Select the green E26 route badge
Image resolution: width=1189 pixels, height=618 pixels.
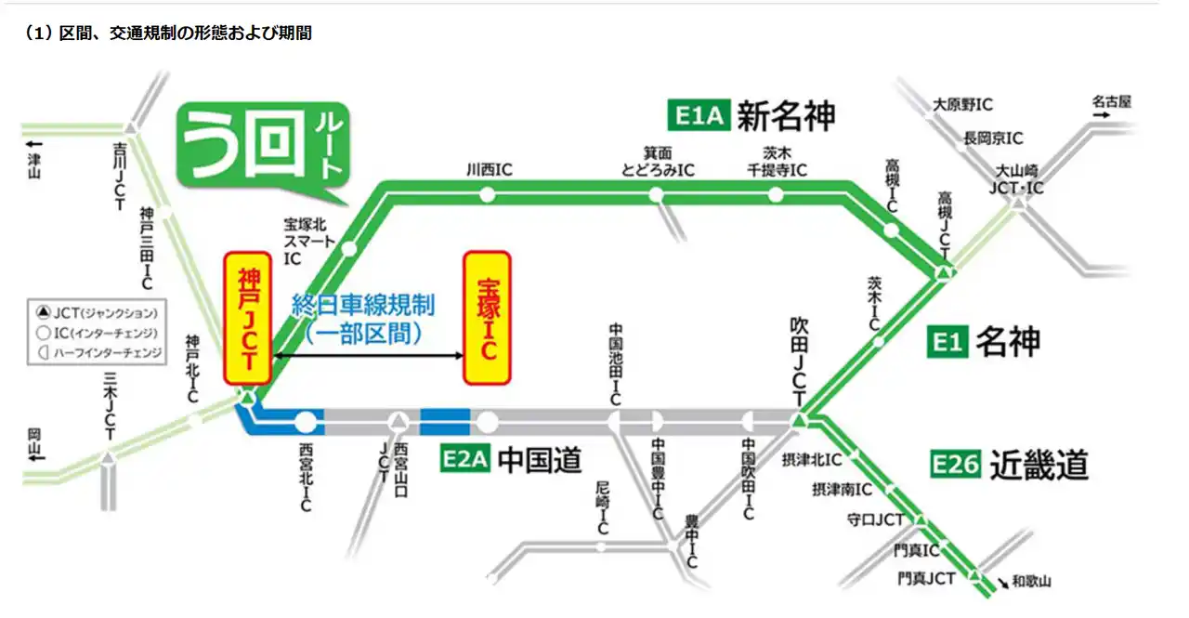pyautogui.click(x=956, y=463)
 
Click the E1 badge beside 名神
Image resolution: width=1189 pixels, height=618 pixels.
pyautogui.click(x=946, y=343)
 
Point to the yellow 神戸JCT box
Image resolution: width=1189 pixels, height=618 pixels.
pyautogui.click(x=248, y=318)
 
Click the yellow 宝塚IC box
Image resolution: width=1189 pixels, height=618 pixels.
pyautogui.click(x=487, y=318)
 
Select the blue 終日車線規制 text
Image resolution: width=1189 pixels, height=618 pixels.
pyautogui.click(x=363, y=304)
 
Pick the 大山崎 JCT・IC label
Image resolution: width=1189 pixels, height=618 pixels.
pyautogui.click(x=1019, y=178)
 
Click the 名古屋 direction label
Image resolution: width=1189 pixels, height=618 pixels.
pyautogui.click(x=1112, y=101)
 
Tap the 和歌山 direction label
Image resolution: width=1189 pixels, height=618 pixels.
pyautogui.click(x=1032, y=583)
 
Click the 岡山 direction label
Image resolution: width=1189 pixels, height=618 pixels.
pyautogui.click(x=34, y=443)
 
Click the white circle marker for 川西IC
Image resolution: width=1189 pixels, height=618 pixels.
pyautogui.click(x=487, y=194)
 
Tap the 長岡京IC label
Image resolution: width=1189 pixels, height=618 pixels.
pyautogui.click(x=993, y=138)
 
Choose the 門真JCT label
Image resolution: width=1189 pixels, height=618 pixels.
pyautogui.click(x=926, y=579)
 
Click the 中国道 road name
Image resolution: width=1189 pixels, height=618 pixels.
pyautogui.click(x=540, y=459)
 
